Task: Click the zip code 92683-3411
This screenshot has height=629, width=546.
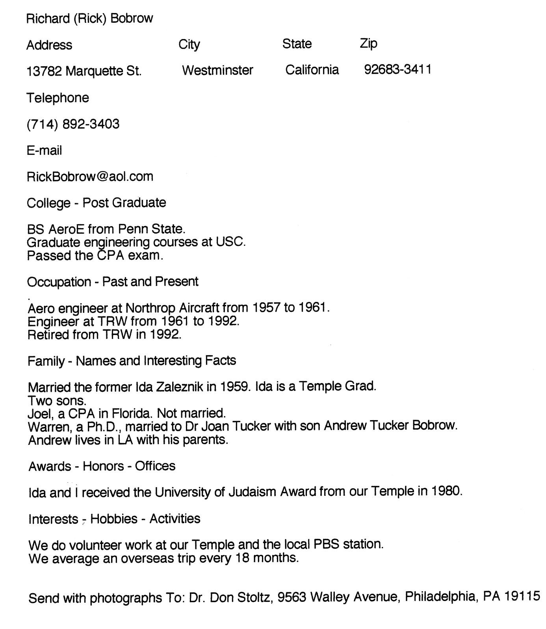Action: [x=397, y=70]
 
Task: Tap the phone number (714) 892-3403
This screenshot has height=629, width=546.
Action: [x=73, y=124]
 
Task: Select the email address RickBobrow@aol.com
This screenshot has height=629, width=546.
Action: [x=90, y=177]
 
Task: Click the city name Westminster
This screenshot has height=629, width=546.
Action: [x=217, y=71]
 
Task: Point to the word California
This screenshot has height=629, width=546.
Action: [x=312, y=70]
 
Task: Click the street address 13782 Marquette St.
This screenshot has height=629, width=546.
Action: [x=84, y=71]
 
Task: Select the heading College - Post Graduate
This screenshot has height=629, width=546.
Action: [x=97, y=203]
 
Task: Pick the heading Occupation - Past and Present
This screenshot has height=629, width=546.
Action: [x=113, y=282]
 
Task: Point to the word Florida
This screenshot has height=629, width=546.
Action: [x=131, y=413]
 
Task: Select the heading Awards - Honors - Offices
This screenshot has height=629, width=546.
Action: [x=102, y=466]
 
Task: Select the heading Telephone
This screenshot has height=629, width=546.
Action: [x=58, y=98]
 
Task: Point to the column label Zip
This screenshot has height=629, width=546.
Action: [x=368, y=44]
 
